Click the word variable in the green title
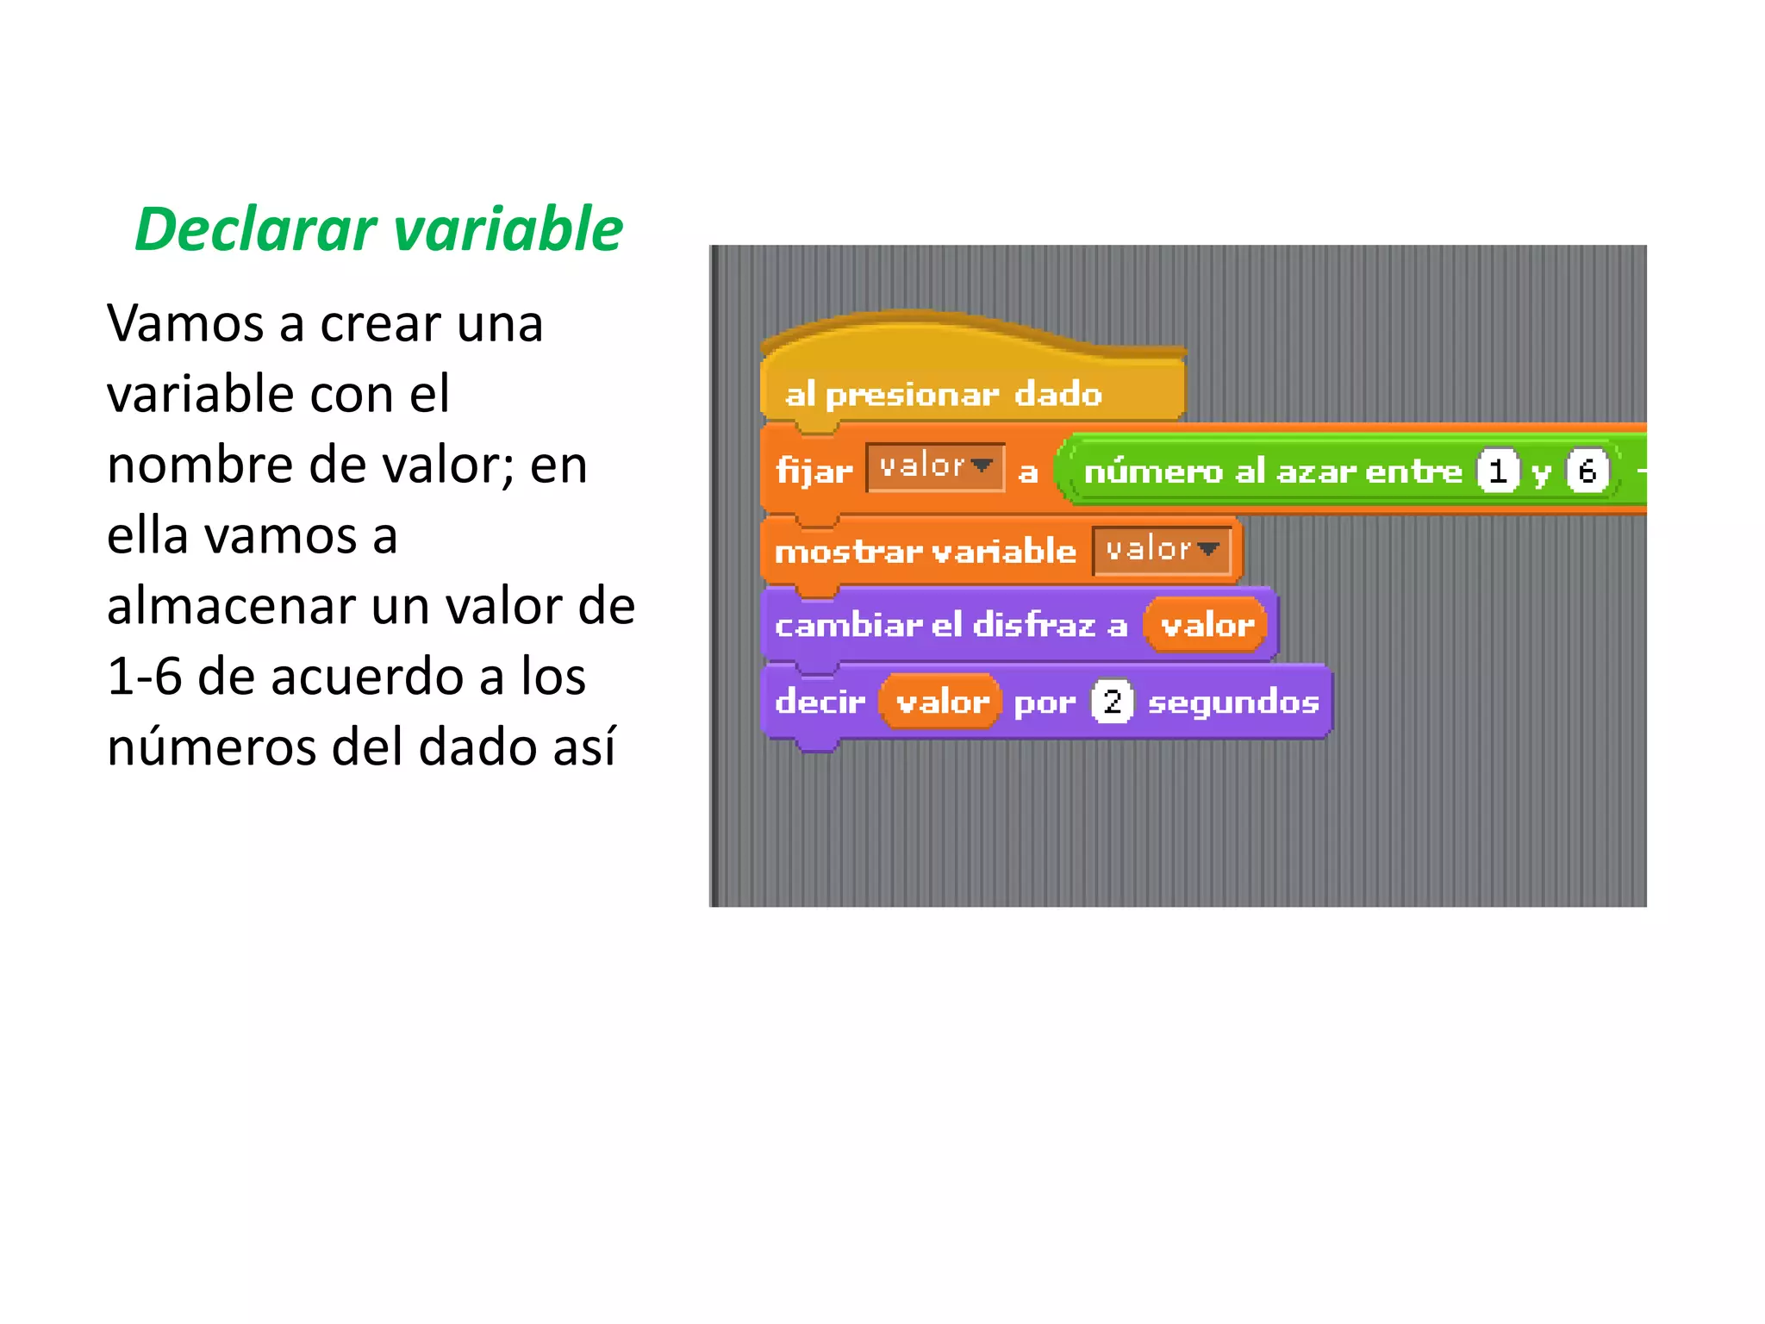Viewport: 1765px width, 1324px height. click(x=508, y=230)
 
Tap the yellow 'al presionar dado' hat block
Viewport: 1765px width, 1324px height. click(x=943, y=394)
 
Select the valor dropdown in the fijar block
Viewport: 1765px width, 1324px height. click(x=935, y=467)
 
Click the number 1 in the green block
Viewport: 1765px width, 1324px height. click(x=1498, y=471)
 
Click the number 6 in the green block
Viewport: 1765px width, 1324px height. click(x=1587, y=471)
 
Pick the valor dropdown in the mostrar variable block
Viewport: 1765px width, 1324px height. click(x=1162, y=549)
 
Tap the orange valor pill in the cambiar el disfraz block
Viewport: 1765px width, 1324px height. click(x=1207, y=625)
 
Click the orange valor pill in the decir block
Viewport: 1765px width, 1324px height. click(x=941, y=702)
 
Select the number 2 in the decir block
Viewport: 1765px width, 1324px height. click(x=1112, y=702)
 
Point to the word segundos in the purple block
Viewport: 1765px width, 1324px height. click(x=1233, y=703)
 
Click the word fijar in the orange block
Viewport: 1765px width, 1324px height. click(x=814, y=471)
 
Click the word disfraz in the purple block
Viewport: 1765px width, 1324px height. click(x=1033, y=625)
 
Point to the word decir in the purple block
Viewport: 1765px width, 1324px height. click(x=820, y=702)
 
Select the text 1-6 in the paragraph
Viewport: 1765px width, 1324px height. click(x=145, y=676)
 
